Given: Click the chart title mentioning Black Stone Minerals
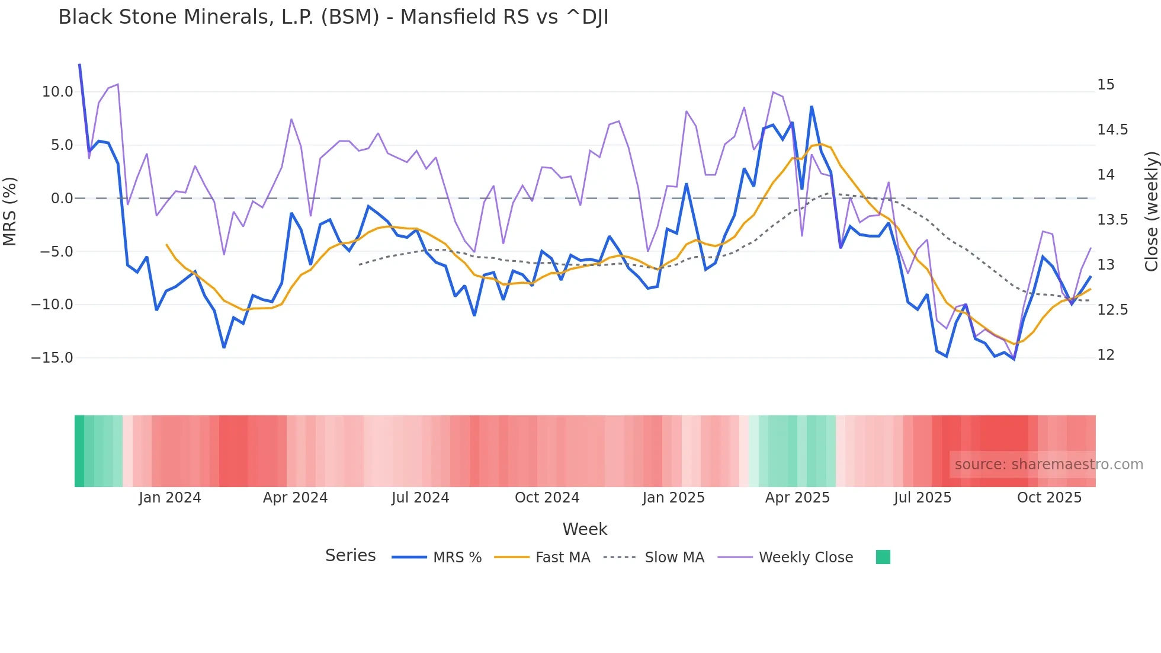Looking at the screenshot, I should click(333, 17).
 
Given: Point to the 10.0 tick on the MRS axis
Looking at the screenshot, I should click(57, 92).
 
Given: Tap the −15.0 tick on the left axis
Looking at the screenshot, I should click(52, 358).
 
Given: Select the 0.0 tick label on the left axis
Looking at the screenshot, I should click(62, 199).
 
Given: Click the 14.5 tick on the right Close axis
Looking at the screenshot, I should click(1112, 130).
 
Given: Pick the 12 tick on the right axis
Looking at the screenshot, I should click(1105, 355).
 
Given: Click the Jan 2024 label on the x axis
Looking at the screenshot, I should click(170, 498).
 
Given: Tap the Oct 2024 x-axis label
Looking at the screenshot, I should click(547, 498).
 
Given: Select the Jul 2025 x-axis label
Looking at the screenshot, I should click(922, 498).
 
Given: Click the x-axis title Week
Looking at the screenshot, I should click(585, 529).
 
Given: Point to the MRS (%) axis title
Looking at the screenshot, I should click(10, 212).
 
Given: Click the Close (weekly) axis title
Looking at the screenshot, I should click(1151, 212).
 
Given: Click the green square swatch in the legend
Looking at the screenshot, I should click(883, 557).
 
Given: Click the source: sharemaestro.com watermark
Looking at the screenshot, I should click(1048, 465).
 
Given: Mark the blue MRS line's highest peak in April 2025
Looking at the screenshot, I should click(812, 107).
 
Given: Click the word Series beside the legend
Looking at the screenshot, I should click(350, 556).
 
